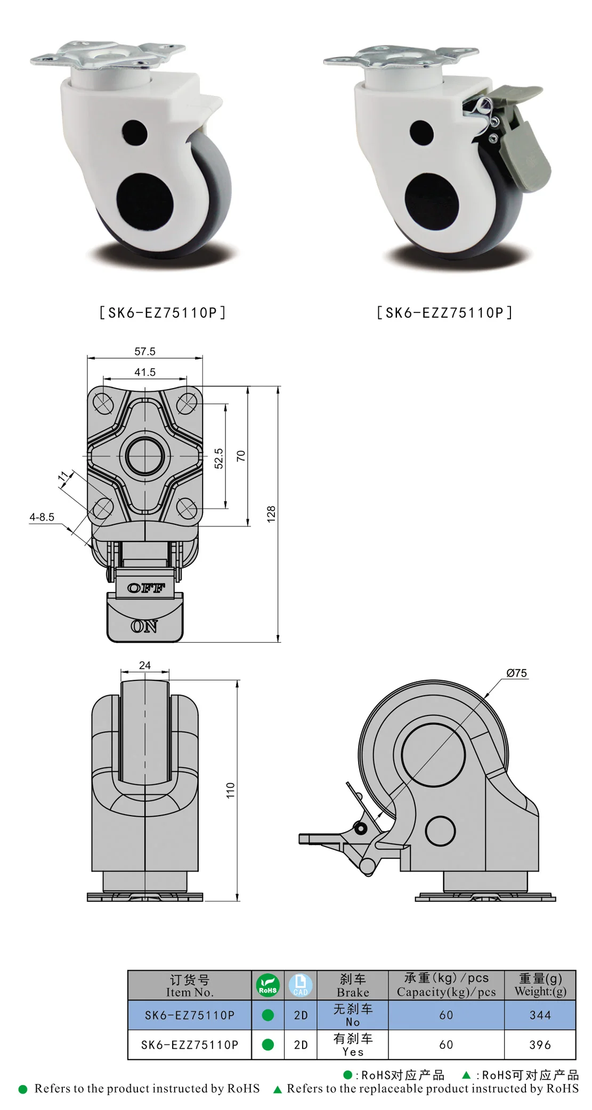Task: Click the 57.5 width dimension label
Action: click(x=145, y=351)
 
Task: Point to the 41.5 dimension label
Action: click(x=145, y=372)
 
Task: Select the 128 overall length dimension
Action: click(x=271, y=514)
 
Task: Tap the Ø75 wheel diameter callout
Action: click(x=516, y=673)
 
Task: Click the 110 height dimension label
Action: click(x=230, y=790)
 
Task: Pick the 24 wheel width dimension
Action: click(x=145, y=665)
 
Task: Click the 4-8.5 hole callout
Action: click(x=42, y=517)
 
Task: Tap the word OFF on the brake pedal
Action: click(x=146, y=588)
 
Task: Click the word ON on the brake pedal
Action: click(x=144, y=626)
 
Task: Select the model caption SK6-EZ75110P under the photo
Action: click(x=163, y=313)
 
